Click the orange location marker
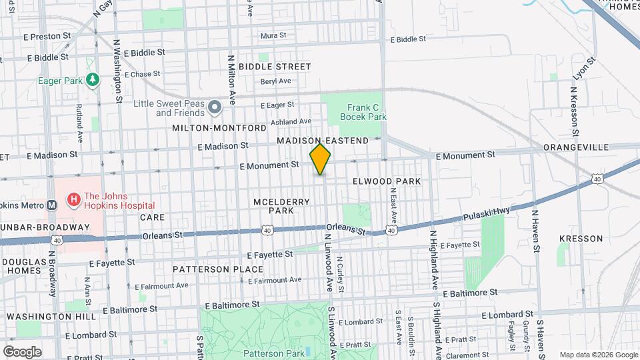tap(320, 159)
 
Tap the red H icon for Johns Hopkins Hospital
tap(73, 198)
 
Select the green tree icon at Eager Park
tap(93, 80)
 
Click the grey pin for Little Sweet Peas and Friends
tap(214, 107)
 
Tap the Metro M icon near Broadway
tap(52, 205)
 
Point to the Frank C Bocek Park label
tap(363, 111)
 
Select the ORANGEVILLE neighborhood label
tap(576, 147)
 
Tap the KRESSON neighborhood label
tap(581, 238)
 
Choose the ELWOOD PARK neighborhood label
tap(387, 181)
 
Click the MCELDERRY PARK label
tap(272, 205)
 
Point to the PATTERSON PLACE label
tap(209, 269)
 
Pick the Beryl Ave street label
tap(276, 81)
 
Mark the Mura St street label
tap(273, 35)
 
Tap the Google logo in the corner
tap(21, 351)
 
